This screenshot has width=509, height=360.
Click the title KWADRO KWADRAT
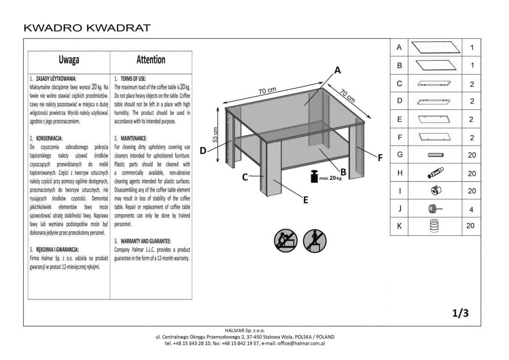(x=87, y=28)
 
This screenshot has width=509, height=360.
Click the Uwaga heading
(x=69, y=60)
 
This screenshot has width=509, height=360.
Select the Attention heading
(x=151, y=60)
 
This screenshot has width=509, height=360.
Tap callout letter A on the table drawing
(x=338, y=70)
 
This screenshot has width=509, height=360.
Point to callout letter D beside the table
(x=203, y=150)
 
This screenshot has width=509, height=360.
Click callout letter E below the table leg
(x=305, y=200)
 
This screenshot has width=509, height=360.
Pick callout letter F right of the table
(x=380, y=157)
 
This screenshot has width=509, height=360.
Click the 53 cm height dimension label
(x=215, y=134)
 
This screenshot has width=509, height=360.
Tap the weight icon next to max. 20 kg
(x=314, y=176)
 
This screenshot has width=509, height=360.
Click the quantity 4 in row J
(x=472, y=209)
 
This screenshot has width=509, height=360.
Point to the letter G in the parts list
(x=399, y=155)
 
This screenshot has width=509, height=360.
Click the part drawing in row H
(x=435, y=173)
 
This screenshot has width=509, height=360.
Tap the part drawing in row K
(x=435, y=226)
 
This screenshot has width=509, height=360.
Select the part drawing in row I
(x=435, y=191)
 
